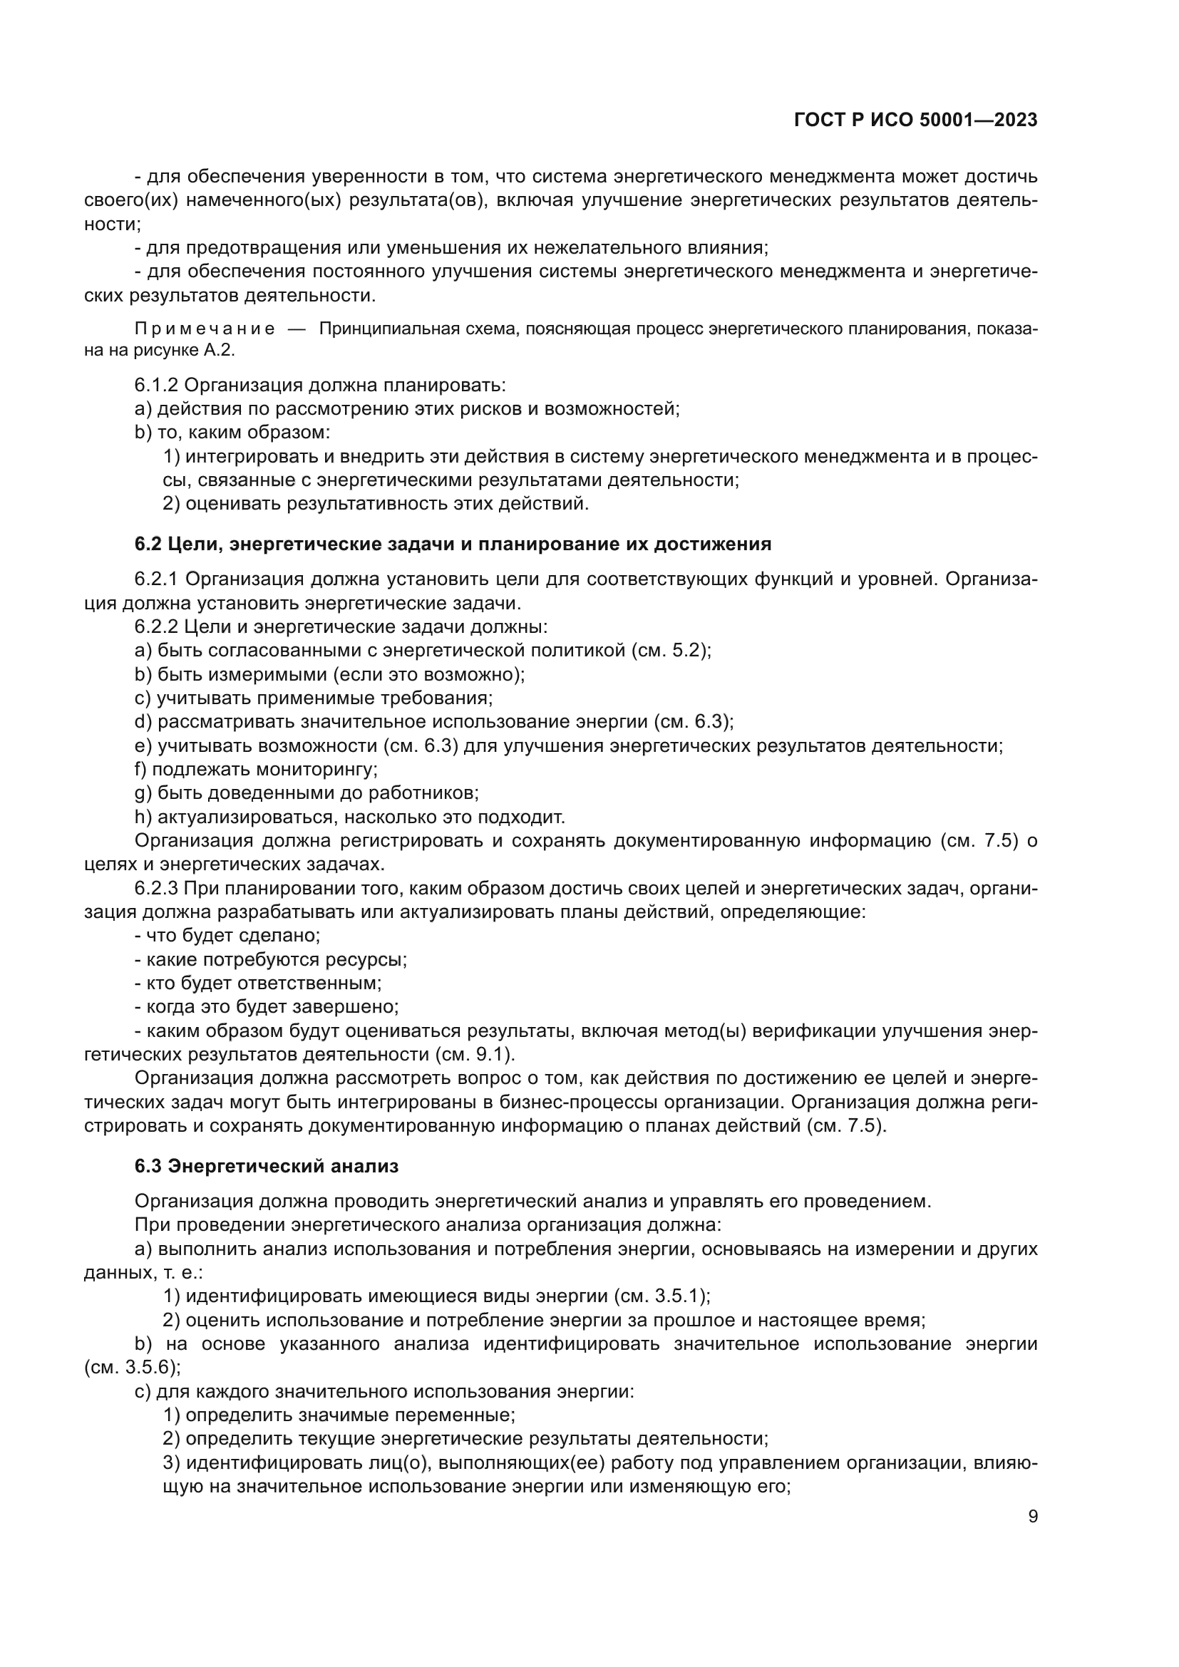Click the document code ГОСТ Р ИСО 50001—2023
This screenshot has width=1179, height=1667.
(x=915, y=120)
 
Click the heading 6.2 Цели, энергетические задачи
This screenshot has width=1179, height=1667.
(x=453, y=544)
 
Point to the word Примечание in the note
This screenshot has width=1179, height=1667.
(x=205, y=329)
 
